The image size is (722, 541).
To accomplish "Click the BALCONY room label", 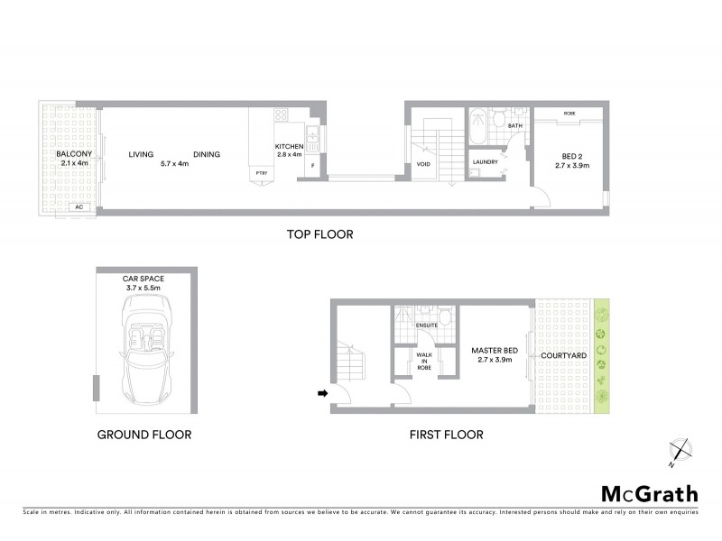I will [x=72, y=154].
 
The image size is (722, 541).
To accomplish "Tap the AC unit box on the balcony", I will [x=79, y=206].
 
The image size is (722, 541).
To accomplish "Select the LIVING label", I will [x=141, y=154].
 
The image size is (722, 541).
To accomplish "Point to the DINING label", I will [x=206, y=154].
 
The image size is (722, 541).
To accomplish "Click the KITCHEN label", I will [x=291, y=147].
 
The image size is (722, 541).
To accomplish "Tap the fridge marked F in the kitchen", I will [x=312, y=166].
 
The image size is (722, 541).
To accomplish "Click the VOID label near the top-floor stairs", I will [x=423, y=164].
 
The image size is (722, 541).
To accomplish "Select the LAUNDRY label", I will [x=486, y=162].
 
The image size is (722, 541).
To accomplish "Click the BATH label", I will [x=515, y=126].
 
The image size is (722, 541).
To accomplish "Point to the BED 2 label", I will [x=570, y=154].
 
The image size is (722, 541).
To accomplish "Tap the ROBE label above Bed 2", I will [x=569, y=114].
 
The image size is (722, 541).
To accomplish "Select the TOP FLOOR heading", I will [x=319, y=234].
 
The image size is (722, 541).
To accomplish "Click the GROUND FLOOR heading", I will [x=144, y=435].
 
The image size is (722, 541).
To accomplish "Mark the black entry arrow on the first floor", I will [x=322, y=393].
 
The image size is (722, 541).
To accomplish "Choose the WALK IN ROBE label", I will [x=424, y=362].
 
